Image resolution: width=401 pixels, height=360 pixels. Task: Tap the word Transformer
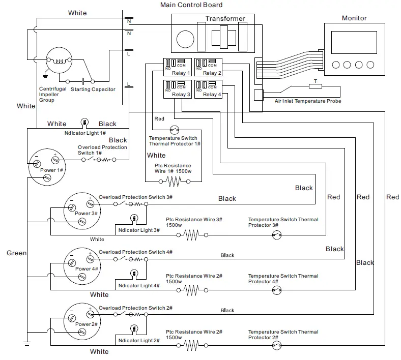tap(225, 19)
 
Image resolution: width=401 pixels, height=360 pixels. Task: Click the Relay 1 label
tap(181, 73)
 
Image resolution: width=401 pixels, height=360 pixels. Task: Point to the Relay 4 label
tap(212, 95)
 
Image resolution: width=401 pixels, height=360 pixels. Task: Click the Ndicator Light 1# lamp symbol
tap(84, 123)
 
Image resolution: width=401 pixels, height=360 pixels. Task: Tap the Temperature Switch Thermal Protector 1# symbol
tap(175, 129)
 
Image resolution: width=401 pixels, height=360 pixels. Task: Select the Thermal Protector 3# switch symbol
tap(277, 234)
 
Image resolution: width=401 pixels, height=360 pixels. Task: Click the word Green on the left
tap(17, 253)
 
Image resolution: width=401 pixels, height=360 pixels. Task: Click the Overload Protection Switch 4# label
tap(135, 252)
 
